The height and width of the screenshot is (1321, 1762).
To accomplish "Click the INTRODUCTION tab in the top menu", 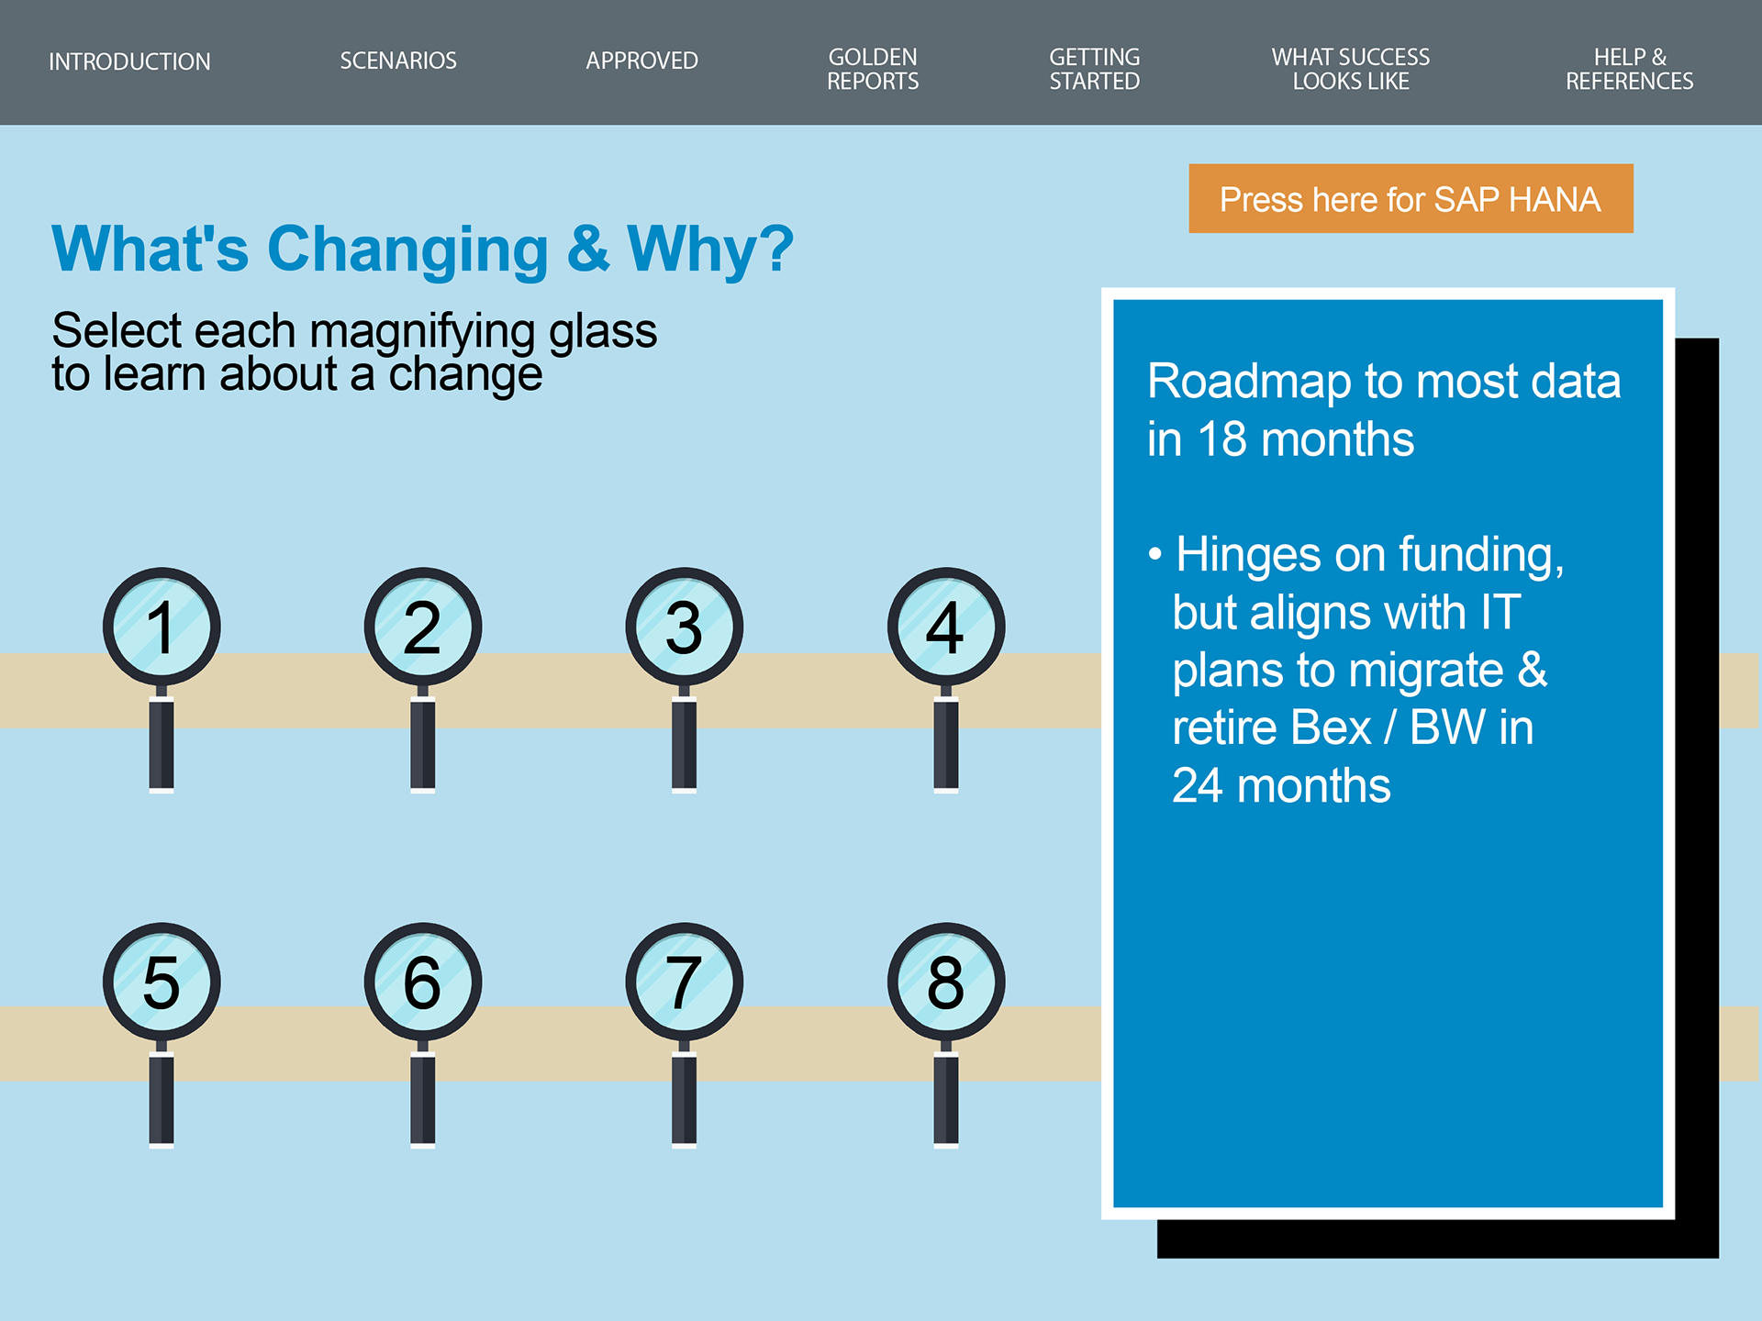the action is coord(129,61).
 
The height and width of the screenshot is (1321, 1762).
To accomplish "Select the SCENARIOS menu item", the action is coord(398,61).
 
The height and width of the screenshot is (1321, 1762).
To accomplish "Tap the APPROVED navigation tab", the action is coord(642,61).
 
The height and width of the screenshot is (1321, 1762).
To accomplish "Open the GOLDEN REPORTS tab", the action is coord(873,69).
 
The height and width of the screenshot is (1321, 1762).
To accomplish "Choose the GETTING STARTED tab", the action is coord(1095,69).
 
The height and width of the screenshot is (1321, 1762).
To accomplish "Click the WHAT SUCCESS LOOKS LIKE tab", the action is coord(1351,69).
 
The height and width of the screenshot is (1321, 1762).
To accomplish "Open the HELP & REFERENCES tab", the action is coord(1630,69).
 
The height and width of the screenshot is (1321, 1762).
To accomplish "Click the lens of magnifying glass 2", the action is coord(423,627).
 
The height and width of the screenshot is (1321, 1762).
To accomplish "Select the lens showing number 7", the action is coord(685,982).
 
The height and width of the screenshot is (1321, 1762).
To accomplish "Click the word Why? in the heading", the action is coord(710,249).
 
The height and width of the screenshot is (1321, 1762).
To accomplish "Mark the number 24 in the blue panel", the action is coord(1198,786).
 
